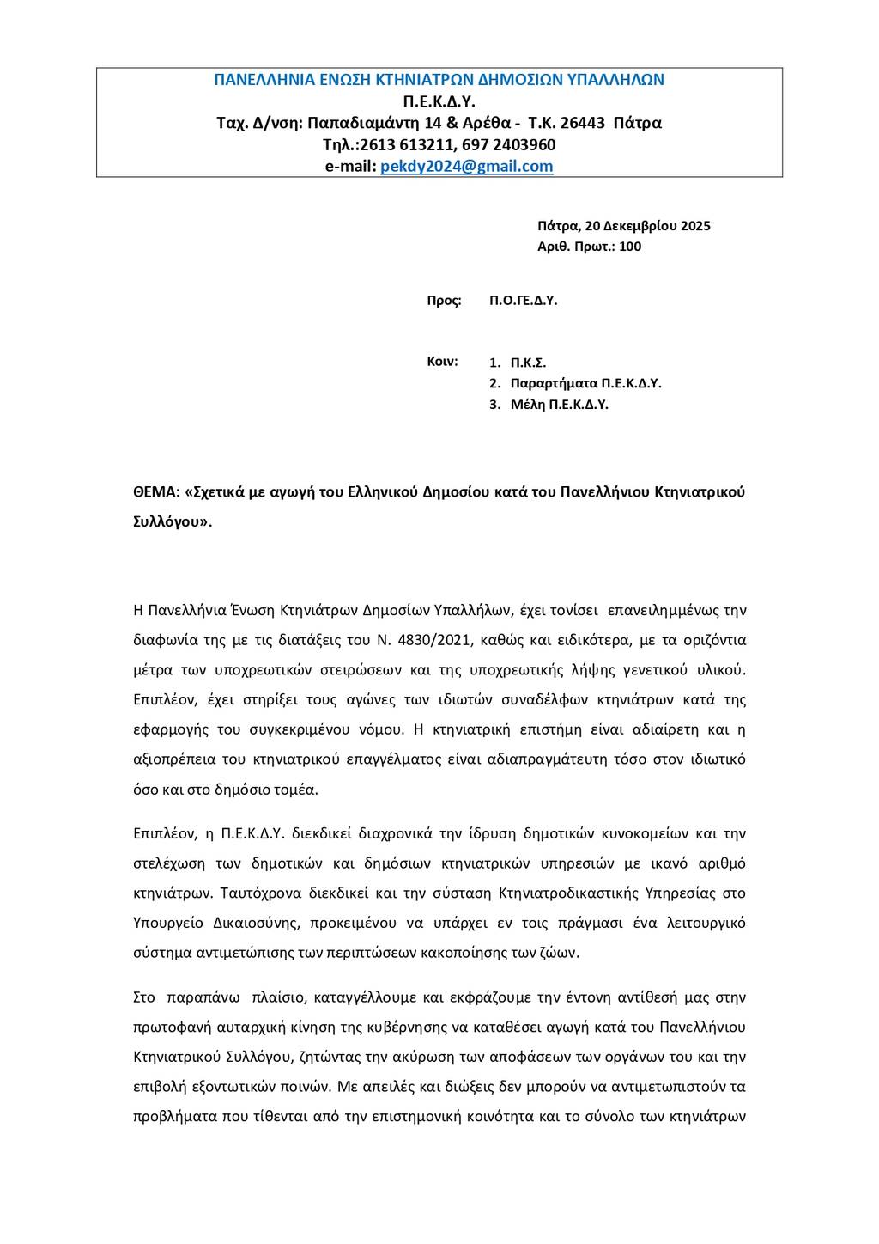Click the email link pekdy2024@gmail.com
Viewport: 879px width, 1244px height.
pos(466,167)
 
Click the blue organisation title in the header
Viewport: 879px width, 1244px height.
pos(439,80)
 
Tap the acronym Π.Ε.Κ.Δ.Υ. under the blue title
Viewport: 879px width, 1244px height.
pos(439,101)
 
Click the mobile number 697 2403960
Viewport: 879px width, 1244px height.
pos(514,144)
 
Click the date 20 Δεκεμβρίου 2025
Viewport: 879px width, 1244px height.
pos(647,227)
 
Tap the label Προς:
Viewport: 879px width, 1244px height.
pos(445,301)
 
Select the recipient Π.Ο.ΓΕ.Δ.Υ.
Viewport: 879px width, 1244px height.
pos(524,301)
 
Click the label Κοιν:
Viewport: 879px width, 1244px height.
pos(443,362)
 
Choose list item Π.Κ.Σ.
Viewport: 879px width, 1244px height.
pos(528,363)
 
